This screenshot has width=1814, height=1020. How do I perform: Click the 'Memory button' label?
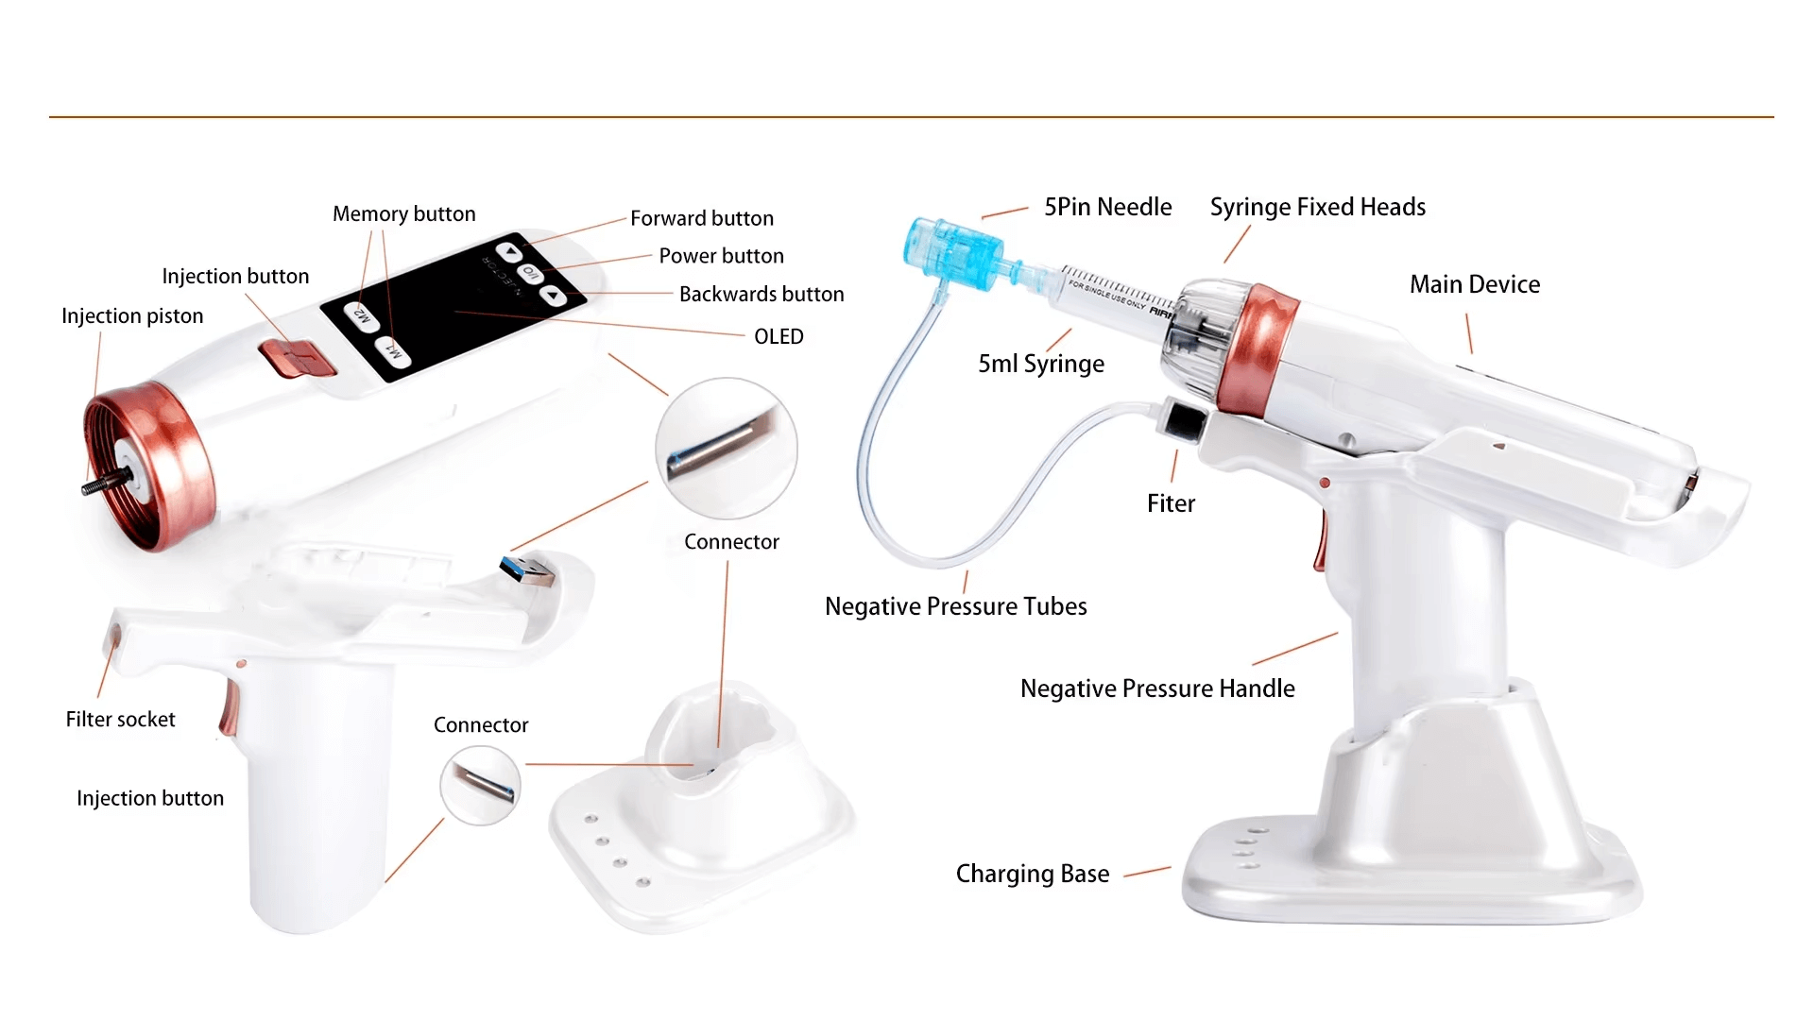point(403,214)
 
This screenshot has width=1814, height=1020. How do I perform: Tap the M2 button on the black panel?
point(361,314)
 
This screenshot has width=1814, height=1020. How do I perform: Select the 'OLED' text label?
point(779,337)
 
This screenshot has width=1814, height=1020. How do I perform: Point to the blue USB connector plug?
point(525,570)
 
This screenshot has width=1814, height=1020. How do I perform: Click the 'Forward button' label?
point(702,219)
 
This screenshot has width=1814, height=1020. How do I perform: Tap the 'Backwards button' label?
point(762,295)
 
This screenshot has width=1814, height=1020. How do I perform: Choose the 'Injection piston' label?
point(132,316)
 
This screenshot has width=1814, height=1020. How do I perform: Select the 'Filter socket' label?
point(120,720)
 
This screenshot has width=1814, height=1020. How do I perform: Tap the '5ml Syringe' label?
point(1041,364)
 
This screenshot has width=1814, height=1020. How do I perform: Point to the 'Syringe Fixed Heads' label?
point(1317,208)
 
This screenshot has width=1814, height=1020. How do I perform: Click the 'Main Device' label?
point(1474,285)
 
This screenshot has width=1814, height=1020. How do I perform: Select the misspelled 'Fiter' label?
point(1171,504)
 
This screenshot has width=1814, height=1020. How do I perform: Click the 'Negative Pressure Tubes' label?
point(955,607)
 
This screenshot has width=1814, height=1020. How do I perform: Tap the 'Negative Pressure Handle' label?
point(1157,689)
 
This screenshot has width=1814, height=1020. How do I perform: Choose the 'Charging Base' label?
point(1032,875)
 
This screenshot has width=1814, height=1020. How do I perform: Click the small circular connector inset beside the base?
point(480,785)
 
